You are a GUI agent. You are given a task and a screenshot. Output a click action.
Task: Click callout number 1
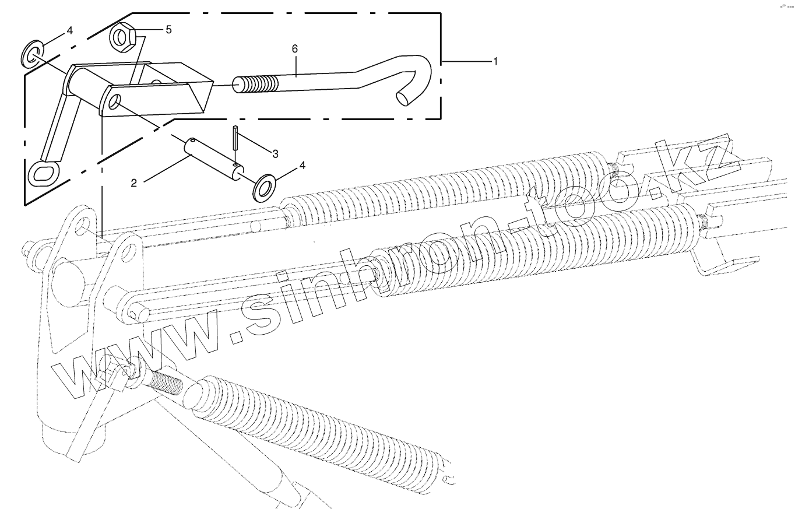coord(495,61)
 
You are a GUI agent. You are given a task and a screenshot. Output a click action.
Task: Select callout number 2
coord(134,183)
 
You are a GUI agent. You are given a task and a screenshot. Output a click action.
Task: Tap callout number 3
coord(275,153)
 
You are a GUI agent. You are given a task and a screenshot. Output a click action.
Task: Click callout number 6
coord(295,49)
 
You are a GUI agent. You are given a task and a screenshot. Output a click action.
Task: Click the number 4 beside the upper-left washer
coord(69,30)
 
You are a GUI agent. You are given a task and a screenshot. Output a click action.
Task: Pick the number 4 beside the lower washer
coord(302,166)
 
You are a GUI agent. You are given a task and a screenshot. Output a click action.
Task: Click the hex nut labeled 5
coord(123,37)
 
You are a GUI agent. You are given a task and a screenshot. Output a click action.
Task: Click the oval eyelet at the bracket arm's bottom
coord(44,173)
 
